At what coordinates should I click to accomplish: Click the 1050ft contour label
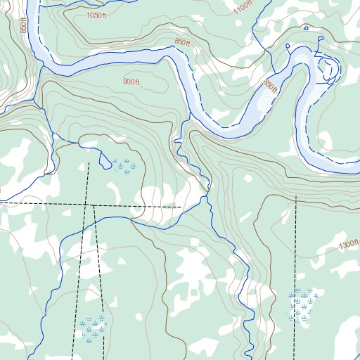(x=96, y=15)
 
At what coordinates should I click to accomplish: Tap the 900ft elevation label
(x=131, y=82)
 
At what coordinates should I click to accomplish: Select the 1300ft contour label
(x=348, y=245)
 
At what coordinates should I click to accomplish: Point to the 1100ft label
(x=243, y=8)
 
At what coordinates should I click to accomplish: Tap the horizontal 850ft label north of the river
(x=183, y=42)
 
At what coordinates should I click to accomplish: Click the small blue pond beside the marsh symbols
(x=105, y=165)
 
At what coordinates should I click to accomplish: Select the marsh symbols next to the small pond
(x=122, y=166)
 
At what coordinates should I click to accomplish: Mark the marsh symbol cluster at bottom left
(x=93, y=327)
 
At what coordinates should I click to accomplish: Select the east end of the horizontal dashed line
(x=181, y=207)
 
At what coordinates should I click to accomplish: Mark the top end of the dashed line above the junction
(x=89, y=163)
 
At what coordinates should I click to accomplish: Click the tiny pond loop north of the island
(x=306, y=28)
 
